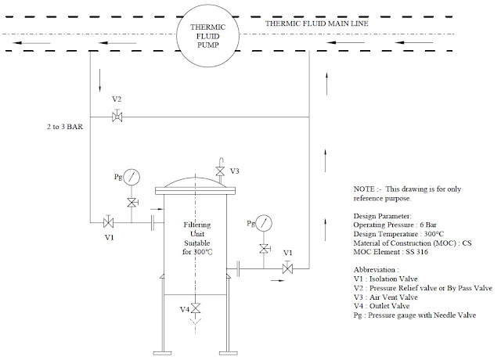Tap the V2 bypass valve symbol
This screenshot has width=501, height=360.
[x=117, y=117]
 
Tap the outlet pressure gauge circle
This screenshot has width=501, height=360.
[x=265, y=225]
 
